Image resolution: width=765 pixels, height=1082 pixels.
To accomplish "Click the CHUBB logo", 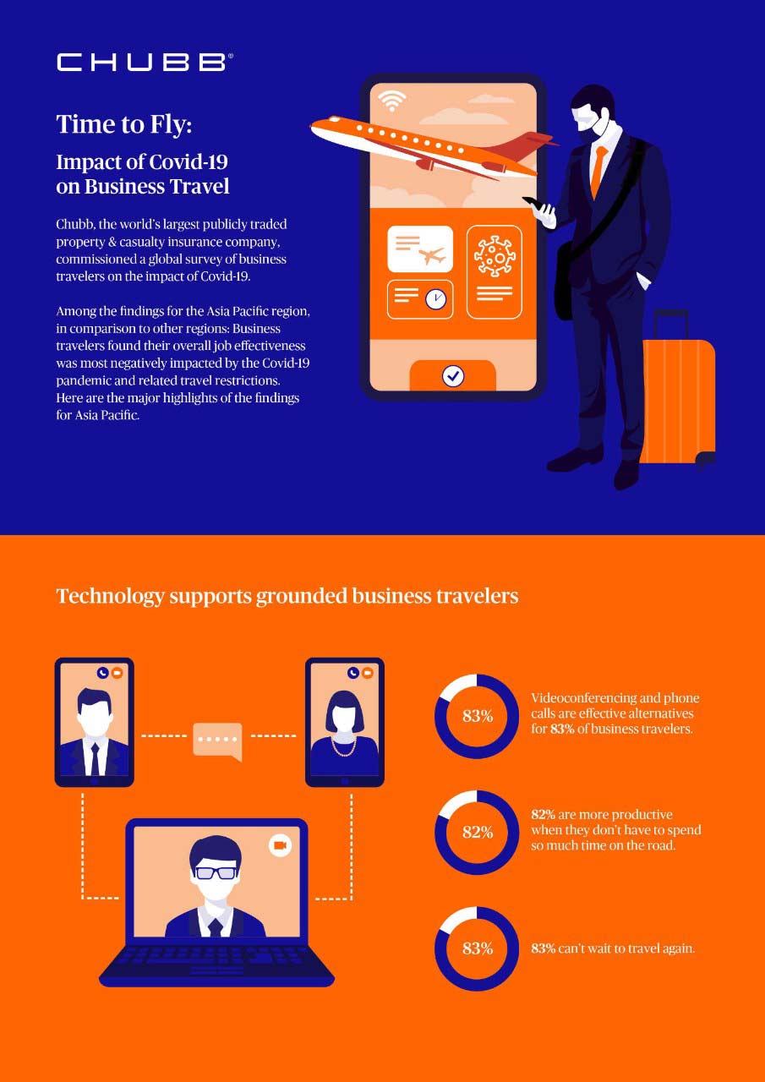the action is point(145,63).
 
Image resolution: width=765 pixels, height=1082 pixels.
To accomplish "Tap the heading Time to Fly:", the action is point(124,124).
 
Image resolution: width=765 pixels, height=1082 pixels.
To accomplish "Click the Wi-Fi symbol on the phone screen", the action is point(391,100).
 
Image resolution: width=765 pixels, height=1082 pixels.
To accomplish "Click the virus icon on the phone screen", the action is point(494,256).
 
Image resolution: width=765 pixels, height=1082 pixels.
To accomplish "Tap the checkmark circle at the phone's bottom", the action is point(453,375).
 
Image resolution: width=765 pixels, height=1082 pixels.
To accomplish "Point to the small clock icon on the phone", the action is point(435,299).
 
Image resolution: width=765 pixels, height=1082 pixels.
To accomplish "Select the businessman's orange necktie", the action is point(598,170).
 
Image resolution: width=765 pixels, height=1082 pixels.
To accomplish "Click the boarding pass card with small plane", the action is point(420,249).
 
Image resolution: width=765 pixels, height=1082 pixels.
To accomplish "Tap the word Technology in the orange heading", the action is point(111,597).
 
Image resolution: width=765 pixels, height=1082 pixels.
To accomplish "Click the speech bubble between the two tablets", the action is point(218,741).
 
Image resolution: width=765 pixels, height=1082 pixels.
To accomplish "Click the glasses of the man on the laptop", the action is point(216,873).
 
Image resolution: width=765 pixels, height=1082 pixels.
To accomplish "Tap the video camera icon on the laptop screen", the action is point(280,845).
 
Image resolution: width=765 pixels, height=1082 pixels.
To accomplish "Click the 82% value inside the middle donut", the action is point(478,833).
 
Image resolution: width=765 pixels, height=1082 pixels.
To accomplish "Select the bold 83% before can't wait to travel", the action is point(544,948).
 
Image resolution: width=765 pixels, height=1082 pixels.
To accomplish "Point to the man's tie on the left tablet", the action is point(95,759).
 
